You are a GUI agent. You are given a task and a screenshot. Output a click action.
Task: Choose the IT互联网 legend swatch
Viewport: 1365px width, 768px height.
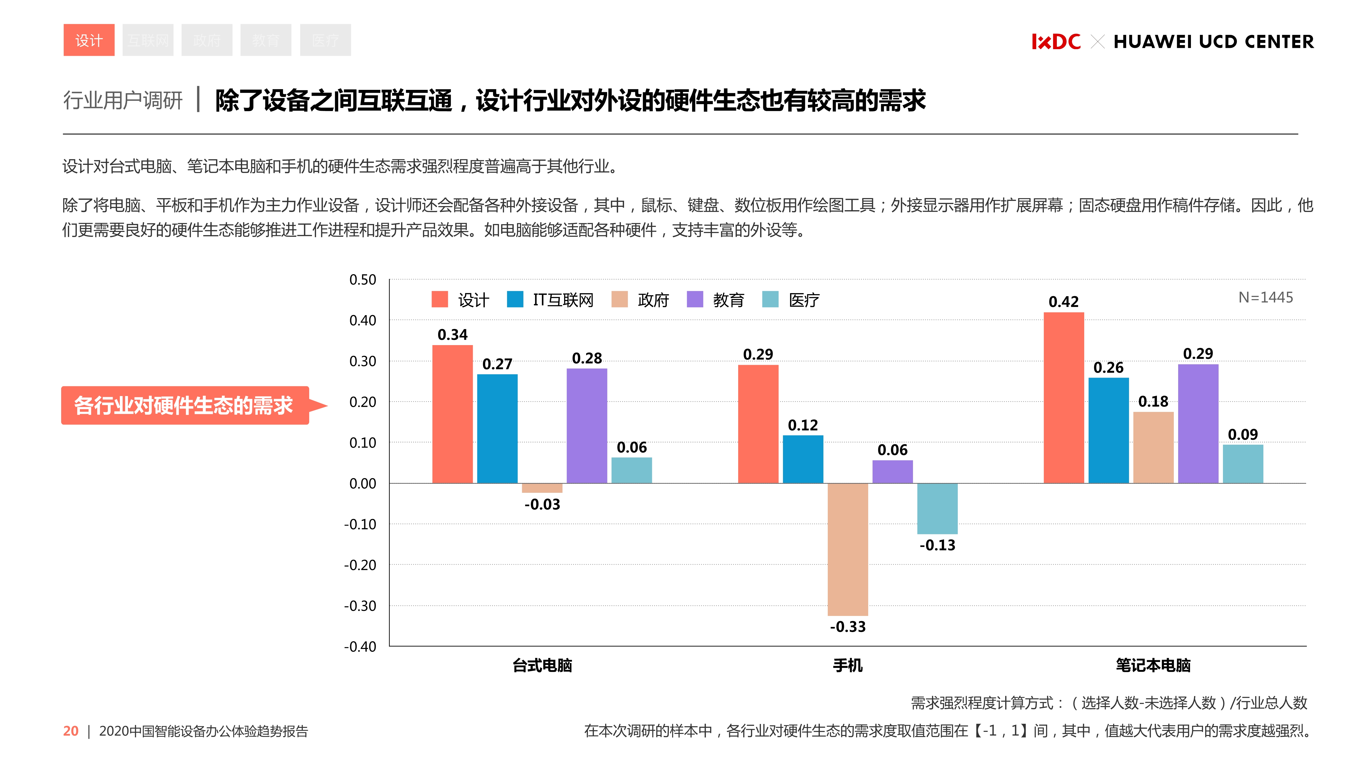pyautogui.click(x=514, y=300)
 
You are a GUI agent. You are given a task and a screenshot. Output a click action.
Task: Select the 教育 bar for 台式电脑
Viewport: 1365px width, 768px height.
pyautogui.click(x=587, y=426)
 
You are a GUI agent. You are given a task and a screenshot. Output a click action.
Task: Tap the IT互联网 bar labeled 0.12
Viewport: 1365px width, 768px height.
pyautogui.click(x=803, y=459)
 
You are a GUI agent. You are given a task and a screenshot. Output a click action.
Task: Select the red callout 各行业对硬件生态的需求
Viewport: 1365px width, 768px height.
pyautogui.click(x=184, y=406)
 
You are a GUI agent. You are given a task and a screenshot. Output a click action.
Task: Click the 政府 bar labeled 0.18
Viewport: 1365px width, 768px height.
pyautogui.click(x=1153, y=447)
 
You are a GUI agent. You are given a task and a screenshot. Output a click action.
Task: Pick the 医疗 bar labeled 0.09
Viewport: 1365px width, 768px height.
pyautogui.click(x=1243, y=464)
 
